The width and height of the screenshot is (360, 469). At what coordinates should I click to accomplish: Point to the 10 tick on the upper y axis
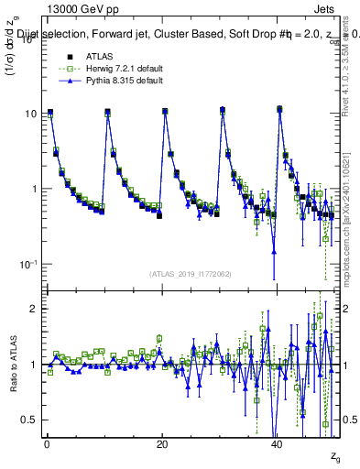(x=27, y=115)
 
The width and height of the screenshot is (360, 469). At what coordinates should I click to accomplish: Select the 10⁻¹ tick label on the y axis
(x=27, y=264)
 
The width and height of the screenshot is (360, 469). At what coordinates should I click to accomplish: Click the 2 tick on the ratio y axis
(x=32, y=309)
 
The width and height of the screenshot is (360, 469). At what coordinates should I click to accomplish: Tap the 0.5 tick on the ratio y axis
(x=27, y=420)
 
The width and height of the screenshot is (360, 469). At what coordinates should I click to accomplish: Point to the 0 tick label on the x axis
(x=47, y=444)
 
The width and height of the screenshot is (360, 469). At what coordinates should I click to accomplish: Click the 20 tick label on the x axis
(x=162, y=444)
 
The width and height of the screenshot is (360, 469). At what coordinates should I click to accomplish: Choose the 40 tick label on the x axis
(x=277, y=444)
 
